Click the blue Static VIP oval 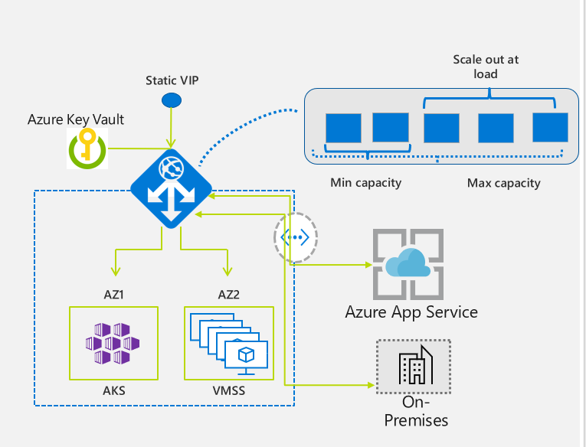point(171,100)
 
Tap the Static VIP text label point(171,80)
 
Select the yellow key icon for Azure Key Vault point(87,147)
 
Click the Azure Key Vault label point(76,119)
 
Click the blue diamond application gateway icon point(169,187)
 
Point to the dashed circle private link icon point(295,237)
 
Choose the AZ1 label point(113,293)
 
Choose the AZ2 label point(227,293)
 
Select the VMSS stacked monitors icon point(230,344)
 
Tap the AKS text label point(113,390)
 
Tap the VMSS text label point(228,390)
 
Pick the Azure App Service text point(411,312)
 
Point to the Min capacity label point(365,183)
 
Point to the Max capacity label point(503,183)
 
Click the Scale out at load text point(486,67)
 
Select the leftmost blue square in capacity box point(342,127)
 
